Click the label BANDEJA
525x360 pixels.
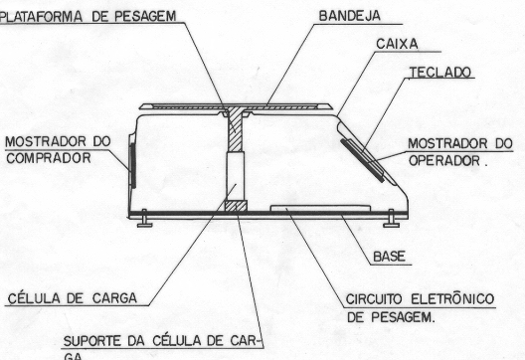350,16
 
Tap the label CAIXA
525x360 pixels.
397,44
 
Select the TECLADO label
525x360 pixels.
440,73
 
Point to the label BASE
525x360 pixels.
390,257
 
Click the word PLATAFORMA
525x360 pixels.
41,17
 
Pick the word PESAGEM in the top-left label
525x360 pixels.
145,16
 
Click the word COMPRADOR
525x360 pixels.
49,158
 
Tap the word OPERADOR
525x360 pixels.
444,161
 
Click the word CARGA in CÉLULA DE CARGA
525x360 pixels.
114,298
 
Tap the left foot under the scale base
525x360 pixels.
144,219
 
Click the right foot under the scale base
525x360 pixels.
391,219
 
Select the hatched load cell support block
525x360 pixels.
236,206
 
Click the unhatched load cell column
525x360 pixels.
236,176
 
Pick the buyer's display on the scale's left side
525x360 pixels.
133,165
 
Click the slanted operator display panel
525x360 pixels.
362,161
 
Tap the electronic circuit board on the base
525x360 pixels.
320,209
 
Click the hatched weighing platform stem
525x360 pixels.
236,130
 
